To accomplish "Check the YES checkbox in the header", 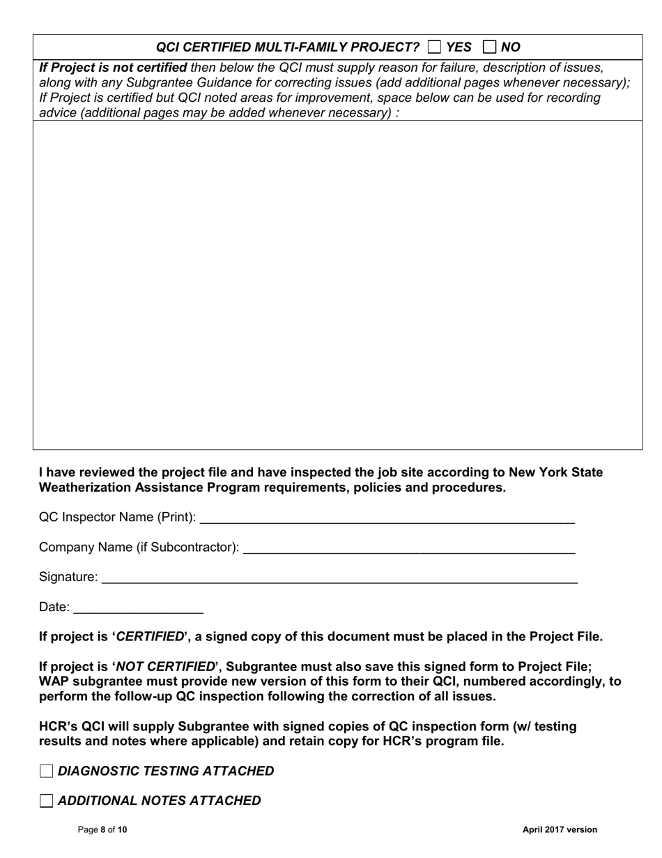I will [434, 47].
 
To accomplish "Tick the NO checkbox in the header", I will [489, 47].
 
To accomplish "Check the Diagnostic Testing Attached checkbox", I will [47, 771].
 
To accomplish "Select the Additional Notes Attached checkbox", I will [47, 801].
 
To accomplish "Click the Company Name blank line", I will [409, 548].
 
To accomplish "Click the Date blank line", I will [138, 608].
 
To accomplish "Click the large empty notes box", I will [337, 285].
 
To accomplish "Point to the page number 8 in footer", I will [103, 830].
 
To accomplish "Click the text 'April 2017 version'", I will [560, 830].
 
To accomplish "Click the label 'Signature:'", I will [68, 577].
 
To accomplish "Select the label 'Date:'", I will [54, 608].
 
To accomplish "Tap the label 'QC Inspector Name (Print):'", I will [117, 518].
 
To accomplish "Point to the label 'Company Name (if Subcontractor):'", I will [139, 548].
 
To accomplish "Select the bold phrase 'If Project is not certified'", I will [113, 68].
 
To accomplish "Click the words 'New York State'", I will [556, 472].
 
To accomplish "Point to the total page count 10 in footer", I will [122, 830].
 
